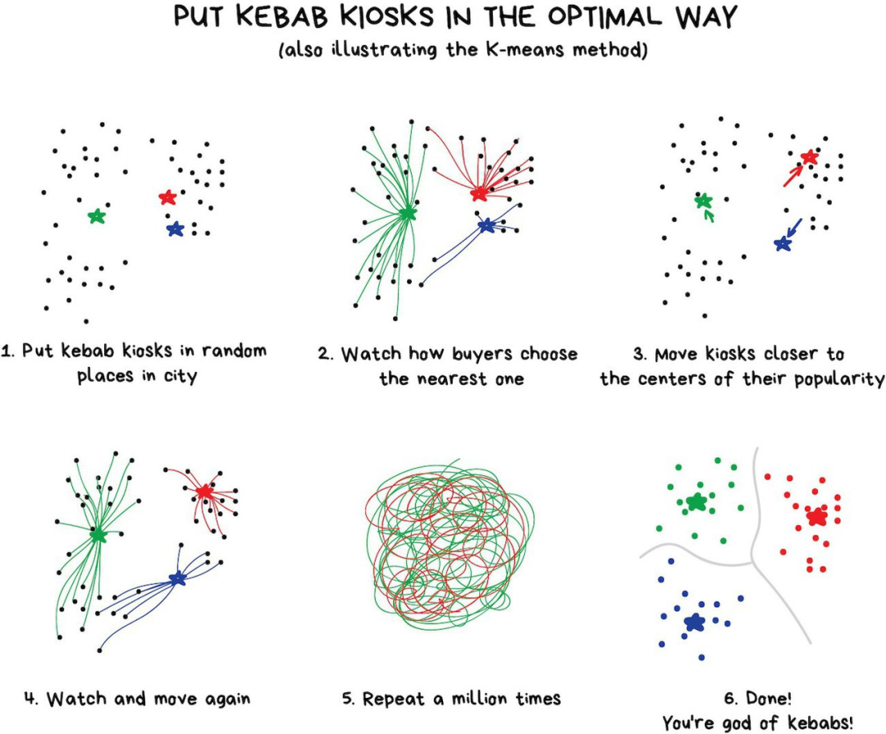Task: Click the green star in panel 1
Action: coord(97,217)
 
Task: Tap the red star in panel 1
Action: coord(167,197)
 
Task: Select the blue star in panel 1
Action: coord(174,229)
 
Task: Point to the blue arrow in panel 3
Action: coord(793,225)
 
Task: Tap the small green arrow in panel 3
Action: coord(710,216)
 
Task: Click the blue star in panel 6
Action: coord(695,622)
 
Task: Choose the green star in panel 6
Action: coord(696,502)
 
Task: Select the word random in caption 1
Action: coord(234,351)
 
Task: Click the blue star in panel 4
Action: coord(177,579)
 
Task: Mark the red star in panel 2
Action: coord(479,194)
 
